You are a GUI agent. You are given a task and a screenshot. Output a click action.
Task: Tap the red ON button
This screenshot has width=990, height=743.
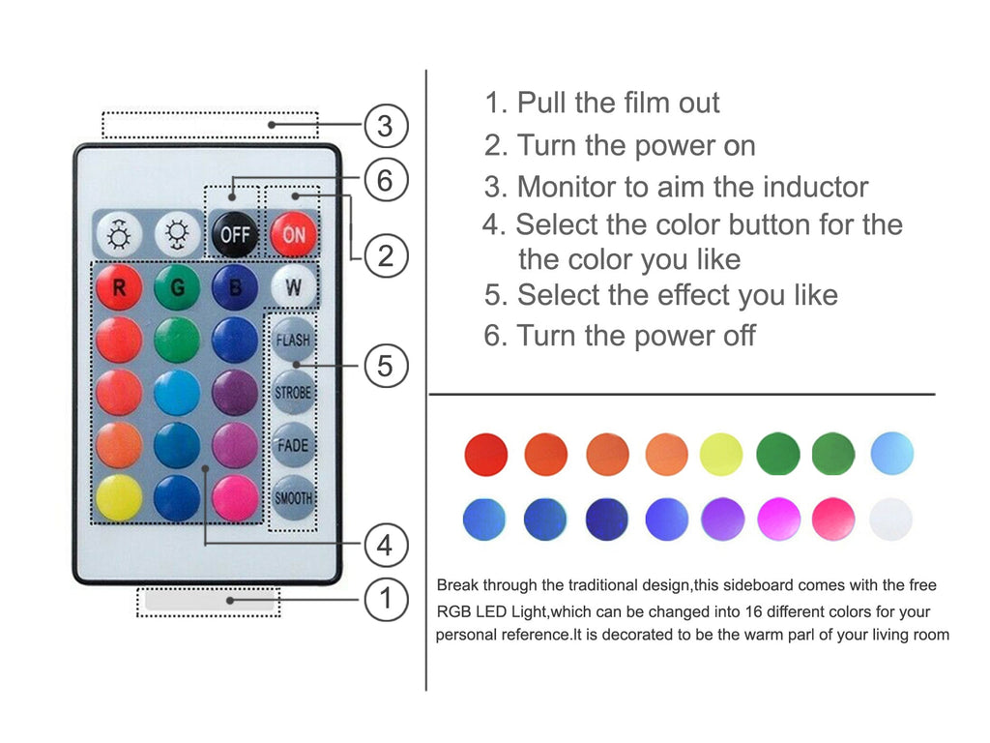tap(293, 235)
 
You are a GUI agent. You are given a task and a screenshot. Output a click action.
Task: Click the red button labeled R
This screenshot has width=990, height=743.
tap(119, 287)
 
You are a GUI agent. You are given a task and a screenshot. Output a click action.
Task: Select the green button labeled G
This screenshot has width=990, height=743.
tap(177, 287)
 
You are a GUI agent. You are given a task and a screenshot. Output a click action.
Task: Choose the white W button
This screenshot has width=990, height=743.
tap(293, 287)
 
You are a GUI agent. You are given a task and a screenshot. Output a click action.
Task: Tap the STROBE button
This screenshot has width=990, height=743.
tap(293, 393)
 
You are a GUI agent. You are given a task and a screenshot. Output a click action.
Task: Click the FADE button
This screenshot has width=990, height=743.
tap(293, 445)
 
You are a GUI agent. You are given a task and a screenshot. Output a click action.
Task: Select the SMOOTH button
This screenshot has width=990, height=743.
tap(293, 498)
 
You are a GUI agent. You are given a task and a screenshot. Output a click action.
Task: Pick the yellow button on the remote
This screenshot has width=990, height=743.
tap(119, 497)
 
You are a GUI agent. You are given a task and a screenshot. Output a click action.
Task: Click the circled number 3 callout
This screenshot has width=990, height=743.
tap(386, 126)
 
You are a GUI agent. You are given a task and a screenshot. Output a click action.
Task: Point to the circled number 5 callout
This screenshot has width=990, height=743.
tap(386, 366)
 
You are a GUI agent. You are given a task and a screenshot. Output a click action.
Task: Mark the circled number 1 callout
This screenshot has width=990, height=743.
tap(386, 598)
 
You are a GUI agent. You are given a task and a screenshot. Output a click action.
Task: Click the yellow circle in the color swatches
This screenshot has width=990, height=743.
tap(721, 455)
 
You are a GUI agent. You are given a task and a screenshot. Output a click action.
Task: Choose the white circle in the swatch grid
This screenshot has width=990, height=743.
tap(890, 520)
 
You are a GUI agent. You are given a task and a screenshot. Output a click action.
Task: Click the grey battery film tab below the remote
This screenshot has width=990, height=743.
tap(210, 600)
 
